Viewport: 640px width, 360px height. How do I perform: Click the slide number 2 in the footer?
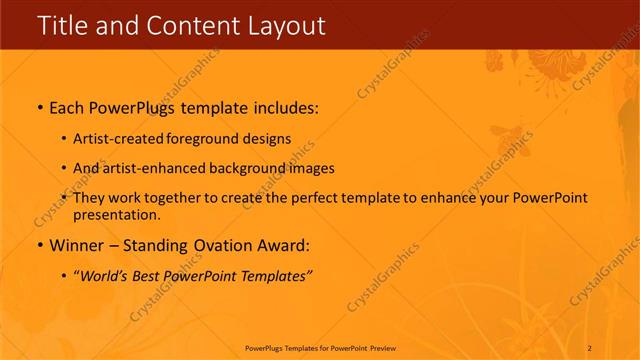[590, 348]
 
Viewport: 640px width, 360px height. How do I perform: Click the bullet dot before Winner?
[40, 245]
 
